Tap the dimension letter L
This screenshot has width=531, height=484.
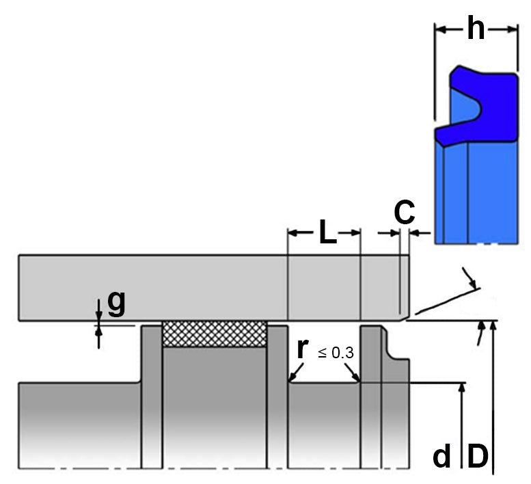[x=327, y=233]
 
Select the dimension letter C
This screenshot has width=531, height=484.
[x=405, y=213]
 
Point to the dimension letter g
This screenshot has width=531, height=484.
[x=116, y=303]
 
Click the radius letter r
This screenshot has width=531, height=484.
[x=301, y=349]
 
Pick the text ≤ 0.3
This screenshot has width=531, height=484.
[x=336, y=353]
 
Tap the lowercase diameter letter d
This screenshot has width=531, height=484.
[x=442, y=456]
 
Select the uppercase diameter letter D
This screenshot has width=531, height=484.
[x=477, y=456]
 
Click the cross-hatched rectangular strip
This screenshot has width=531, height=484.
[x=214, y=334]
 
